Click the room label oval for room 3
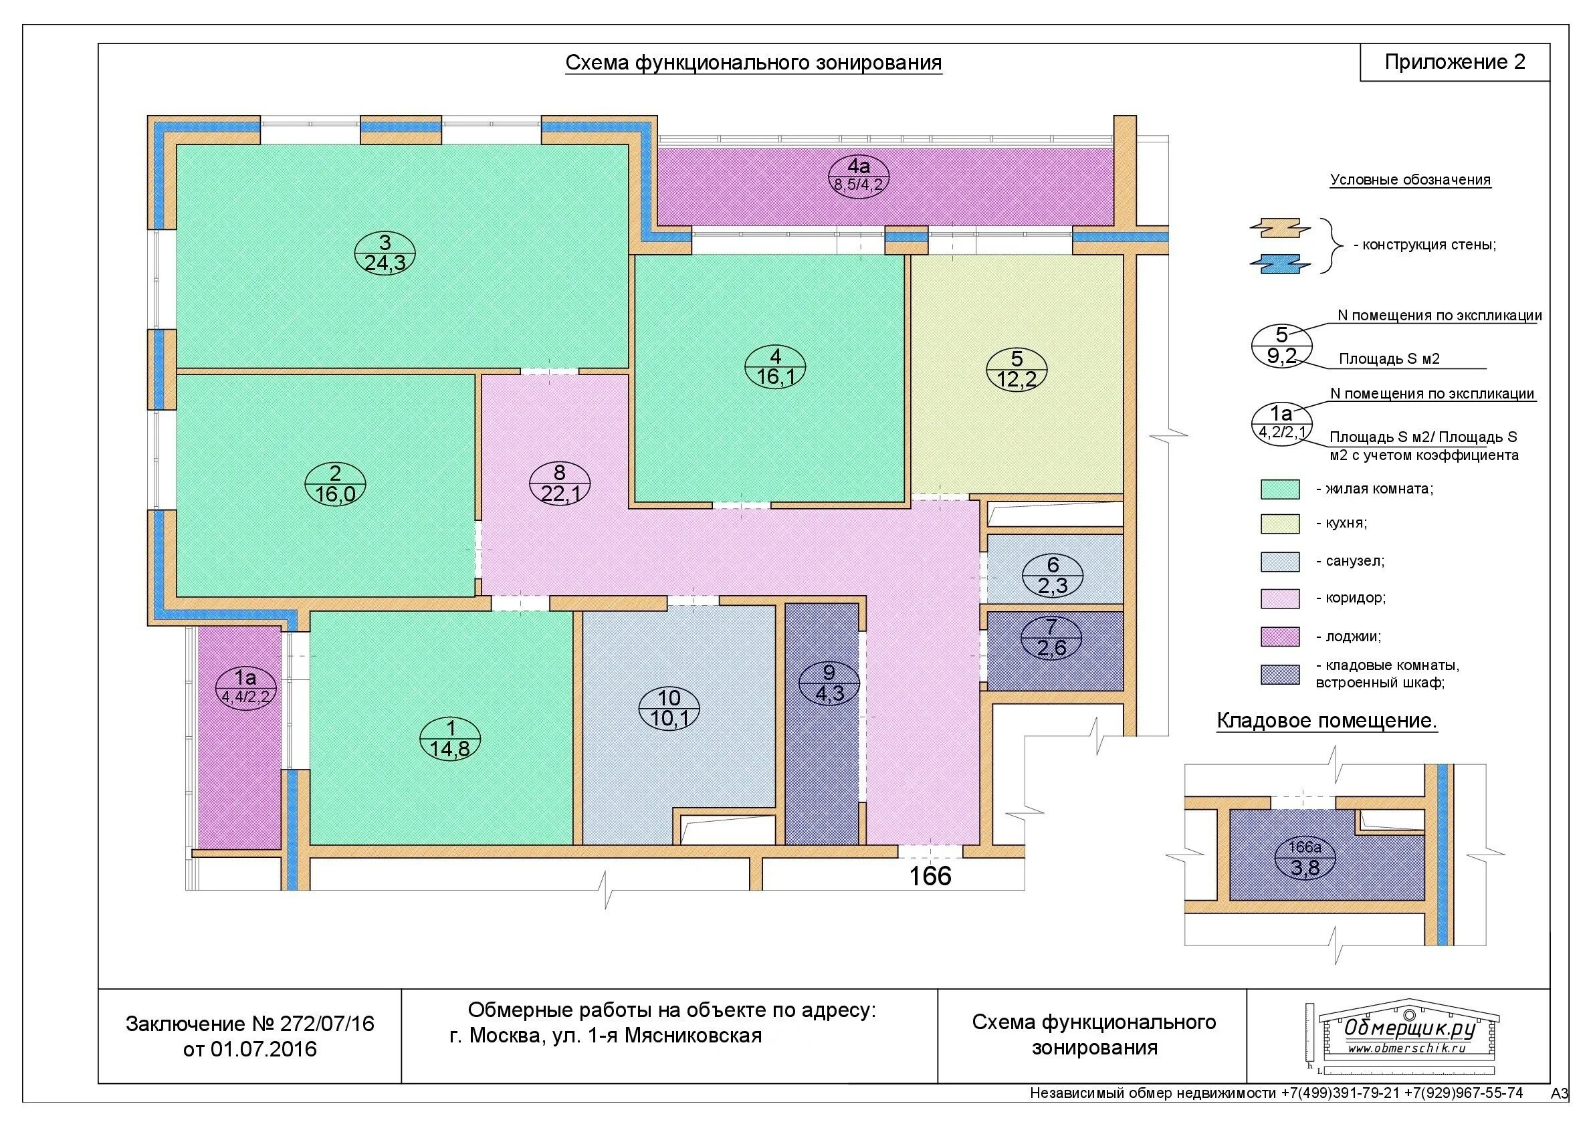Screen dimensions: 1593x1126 pyautogui.click(x=385, y=253)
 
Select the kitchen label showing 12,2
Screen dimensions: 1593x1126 pyautogui.click(x=1017, y=370)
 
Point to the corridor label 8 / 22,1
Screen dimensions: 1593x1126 pyautogui.click(x=559, y=483)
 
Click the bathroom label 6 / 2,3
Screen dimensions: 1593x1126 pyautogui.click(x=1053, y=576)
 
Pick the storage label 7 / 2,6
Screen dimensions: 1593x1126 pyautogui.click(x=1052, y=639)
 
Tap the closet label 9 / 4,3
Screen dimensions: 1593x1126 pyautogui.click(x=829, y=683)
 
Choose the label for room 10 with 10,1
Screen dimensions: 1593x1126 pyautogui.click(x=669, y=708)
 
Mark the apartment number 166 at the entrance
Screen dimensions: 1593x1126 pyautogui.click(x=930, y=875)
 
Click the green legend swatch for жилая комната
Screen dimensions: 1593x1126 pyautogui.click(x=1280, y=489)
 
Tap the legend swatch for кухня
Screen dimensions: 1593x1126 pyautogui.click(x=1280, y=524)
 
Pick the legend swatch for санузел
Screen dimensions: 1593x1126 pyautogui.click(x=1280, y=561)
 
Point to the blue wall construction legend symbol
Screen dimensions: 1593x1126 pyautogui.click(x=1280, y=263)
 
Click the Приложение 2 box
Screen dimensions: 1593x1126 pyautogui.click(x=1455, y=62)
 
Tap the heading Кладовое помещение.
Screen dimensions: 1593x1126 pyautogui.click(x=1327, y=721)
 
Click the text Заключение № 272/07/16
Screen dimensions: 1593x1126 pyautogui.click(x=249, y=1023)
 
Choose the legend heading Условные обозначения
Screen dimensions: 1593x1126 pyautogui.click(x=1410, y=181)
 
